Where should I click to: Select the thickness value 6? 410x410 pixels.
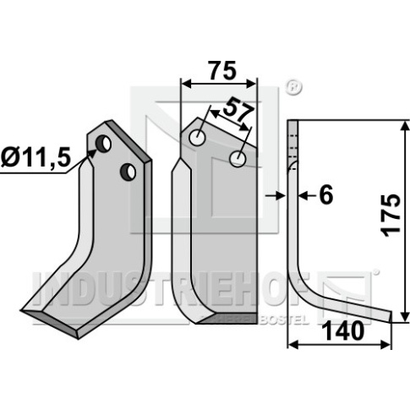326,194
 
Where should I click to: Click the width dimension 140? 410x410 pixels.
343,331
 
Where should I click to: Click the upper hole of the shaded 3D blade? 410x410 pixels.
103,144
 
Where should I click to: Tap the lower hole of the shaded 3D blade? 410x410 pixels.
128,172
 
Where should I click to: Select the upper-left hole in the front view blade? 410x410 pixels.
197,138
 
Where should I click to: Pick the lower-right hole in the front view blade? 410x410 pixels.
238,159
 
